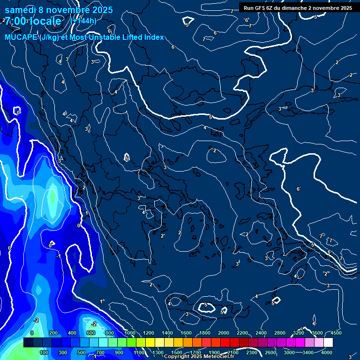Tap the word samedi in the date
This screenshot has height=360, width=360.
(21, 10)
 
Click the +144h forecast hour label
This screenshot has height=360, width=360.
(83, 21)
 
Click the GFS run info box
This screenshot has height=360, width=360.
(298, 8)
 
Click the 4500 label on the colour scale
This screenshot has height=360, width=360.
(336, 333)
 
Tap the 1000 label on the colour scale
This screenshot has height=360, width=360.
(129, 333)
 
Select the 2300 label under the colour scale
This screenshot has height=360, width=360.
(252, 352)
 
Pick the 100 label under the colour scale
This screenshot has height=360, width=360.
(44, 352)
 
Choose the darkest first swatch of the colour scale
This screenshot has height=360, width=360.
(28, 343)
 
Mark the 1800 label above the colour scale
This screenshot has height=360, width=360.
(205, 333)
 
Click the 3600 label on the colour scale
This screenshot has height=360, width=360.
(317, 333)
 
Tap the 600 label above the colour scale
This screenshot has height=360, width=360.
(91, 333)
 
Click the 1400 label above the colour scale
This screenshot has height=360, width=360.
(167, 333)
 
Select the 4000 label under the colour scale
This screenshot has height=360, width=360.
(327, 352)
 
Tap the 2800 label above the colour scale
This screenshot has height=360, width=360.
(280, 333)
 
